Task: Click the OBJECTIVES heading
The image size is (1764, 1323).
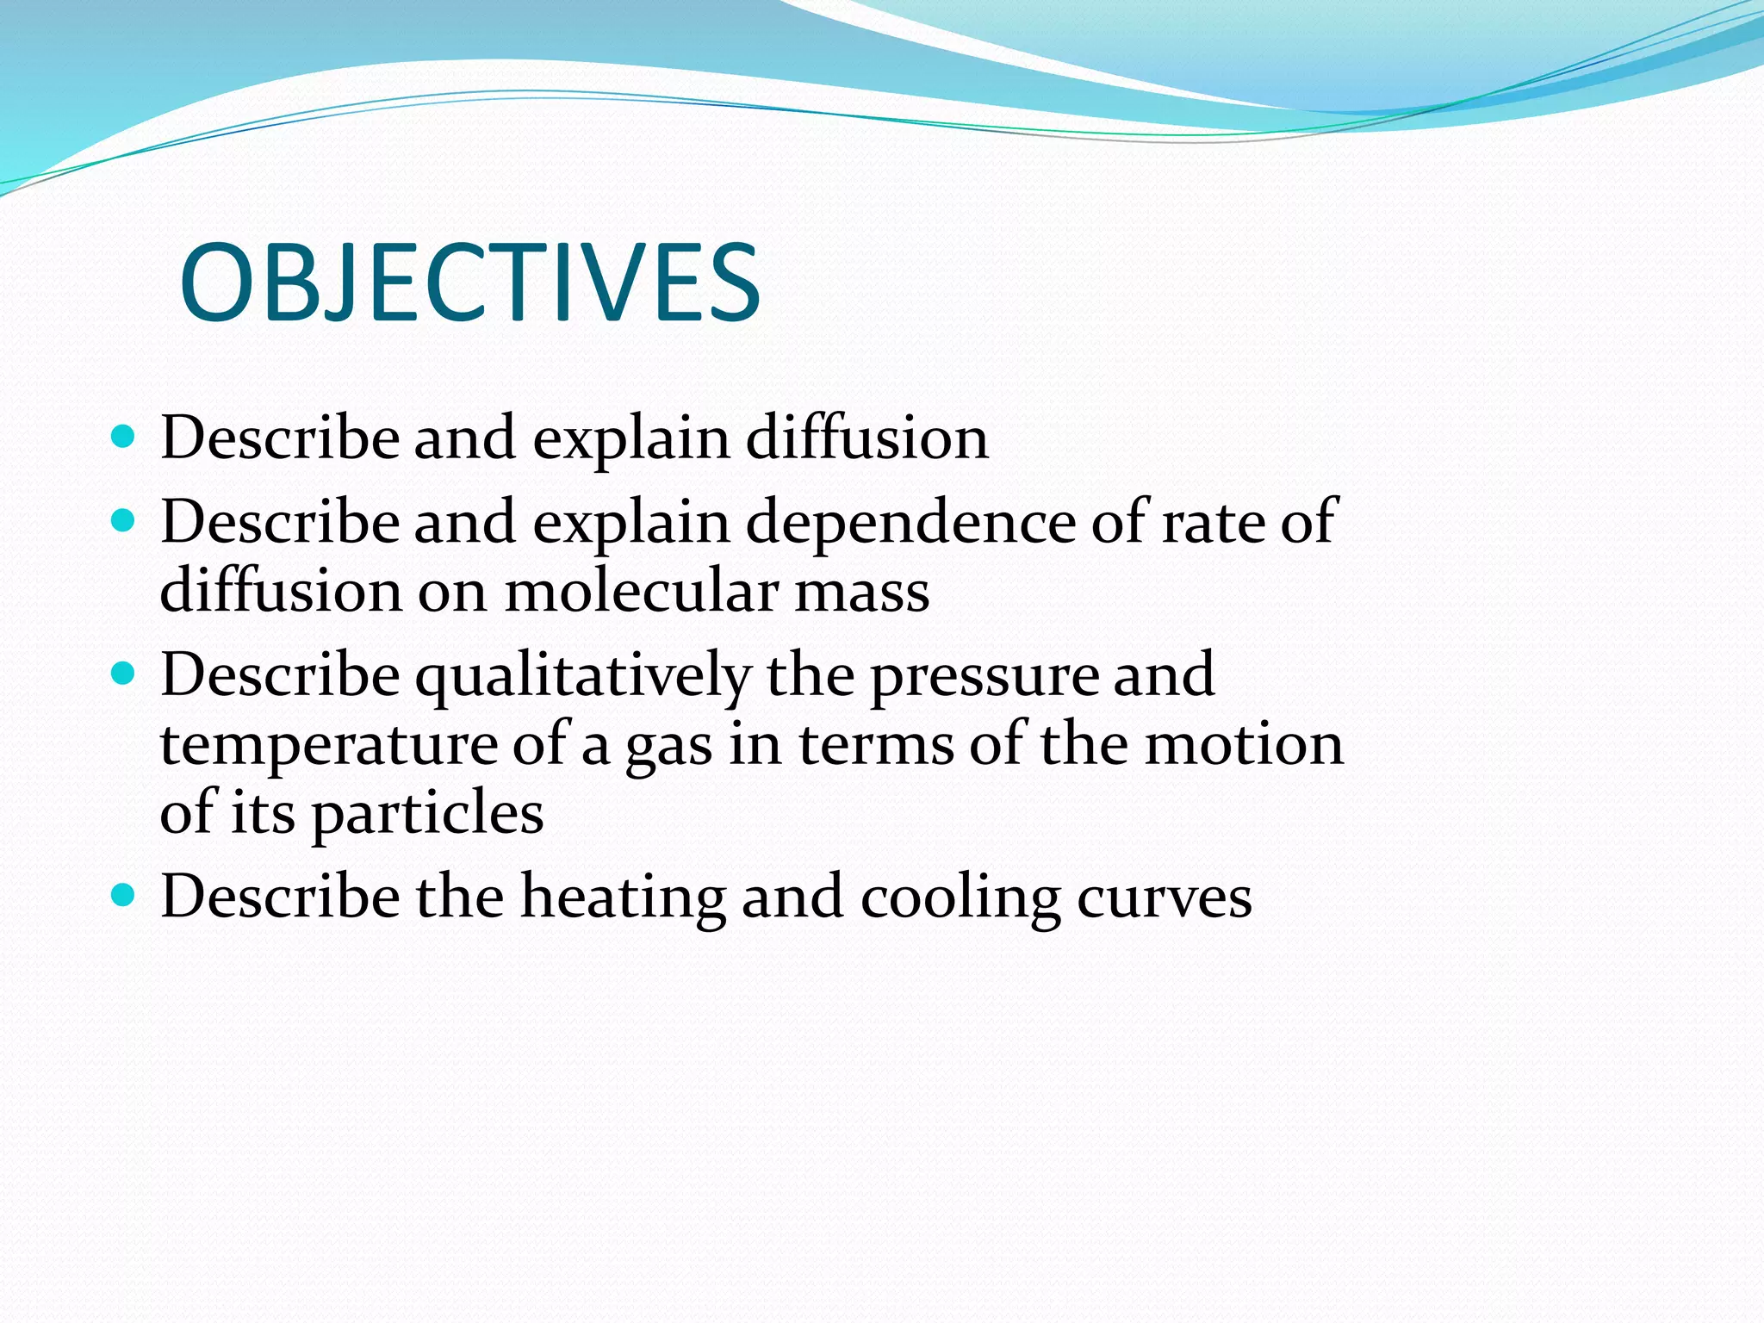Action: [469, 283]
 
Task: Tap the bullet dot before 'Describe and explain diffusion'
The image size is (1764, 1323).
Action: [124, 436]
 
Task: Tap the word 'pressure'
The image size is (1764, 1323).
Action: [984, 676]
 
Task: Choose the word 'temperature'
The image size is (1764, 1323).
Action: [328, 744]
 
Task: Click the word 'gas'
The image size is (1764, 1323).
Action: [668, 746]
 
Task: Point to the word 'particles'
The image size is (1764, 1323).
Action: [427, 813]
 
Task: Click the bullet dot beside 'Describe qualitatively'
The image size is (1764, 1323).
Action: [124, 674]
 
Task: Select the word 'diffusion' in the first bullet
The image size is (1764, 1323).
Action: [866, 438]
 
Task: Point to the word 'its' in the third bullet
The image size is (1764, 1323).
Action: [263, 811]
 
